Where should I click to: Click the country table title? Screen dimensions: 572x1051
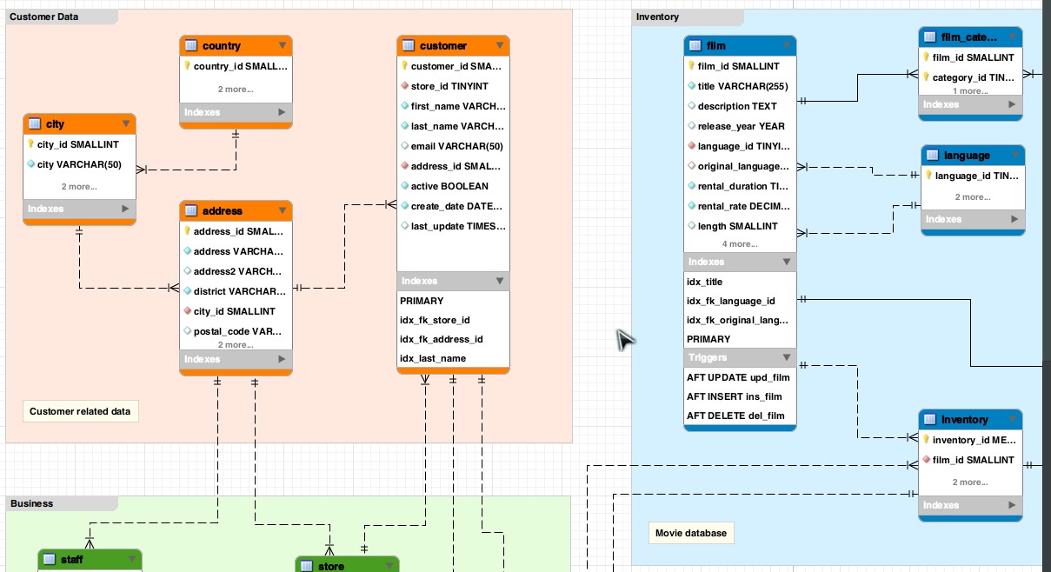(x=222, y=46)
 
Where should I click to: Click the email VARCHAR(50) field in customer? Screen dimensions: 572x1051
(x=456, y=146)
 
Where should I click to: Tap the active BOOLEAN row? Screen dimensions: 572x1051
(x=449, y=186)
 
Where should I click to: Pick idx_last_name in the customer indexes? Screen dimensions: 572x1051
(x=433, y=358)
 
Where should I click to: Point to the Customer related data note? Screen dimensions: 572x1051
(x=80, y=411)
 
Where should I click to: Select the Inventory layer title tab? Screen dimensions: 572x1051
(x=658, y=17)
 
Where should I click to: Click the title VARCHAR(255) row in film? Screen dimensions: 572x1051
(x=742, y=86)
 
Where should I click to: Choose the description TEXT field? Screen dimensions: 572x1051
(x=737, y=106)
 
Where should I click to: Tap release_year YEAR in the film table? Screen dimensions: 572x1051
(x=741, y=126)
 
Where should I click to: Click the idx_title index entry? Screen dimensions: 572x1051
(x=705, y=282)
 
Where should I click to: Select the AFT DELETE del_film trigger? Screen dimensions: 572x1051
(x=735, y=416)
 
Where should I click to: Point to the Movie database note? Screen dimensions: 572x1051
(x=691, y=533)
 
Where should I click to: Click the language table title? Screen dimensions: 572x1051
(x=967, y=156)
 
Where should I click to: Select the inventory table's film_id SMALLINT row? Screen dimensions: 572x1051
(x=973, y=460)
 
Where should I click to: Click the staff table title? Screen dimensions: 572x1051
(x=72, y=560)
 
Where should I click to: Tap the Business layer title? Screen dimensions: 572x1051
(x=32, y=503)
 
